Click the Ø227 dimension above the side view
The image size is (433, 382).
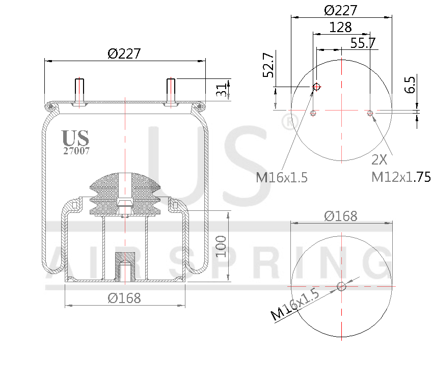124,53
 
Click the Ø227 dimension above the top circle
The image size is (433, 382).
341,10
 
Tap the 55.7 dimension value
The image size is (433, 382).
363,43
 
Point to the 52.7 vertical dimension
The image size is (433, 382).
268,65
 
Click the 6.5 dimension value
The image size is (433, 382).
411,84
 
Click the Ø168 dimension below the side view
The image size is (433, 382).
124,298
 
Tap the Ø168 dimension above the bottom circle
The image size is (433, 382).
341,216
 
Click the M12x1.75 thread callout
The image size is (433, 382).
401,177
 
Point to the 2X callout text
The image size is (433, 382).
379,160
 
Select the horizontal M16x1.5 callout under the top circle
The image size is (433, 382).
282,177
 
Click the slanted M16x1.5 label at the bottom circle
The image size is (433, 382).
295,304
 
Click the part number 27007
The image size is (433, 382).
76,151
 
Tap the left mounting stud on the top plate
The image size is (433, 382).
79,91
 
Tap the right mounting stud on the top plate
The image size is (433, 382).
171,91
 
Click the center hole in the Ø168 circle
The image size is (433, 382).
341,286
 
